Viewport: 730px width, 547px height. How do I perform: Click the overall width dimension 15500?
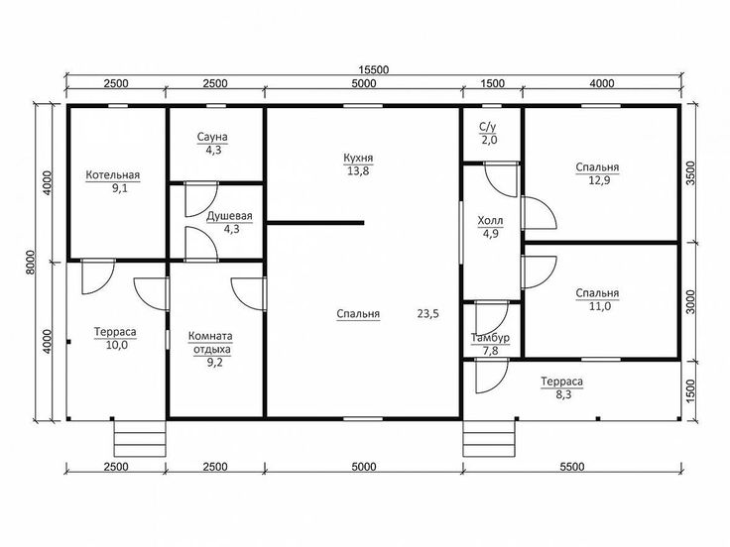(x=373, y=69)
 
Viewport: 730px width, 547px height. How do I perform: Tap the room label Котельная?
(x=113, y=174)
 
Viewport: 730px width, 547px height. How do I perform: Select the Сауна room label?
(x=212, y=137)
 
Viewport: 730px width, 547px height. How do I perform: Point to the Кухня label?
(x=358, y=159)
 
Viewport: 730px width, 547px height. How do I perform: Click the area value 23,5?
(x=427, y=313)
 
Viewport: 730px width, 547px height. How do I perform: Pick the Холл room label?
(x=490, y=220)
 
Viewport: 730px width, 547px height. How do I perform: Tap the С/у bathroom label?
(x=487, y=127)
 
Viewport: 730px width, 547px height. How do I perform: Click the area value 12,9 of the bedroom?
(x=599, y=180)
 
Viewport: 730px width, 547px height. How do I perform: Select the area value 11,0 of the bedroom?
(x=600, y=306)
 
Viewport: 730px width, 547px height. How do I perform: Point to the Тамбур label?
(x=490, y=338)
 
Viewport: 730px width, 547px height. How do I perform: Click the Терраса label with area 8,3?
(x=562, y=382)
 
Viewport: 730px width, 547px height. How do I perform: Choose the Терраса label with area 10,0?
(x=115, y=332)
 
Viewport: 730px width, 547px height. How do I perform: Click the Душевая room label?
(x=229, y=216)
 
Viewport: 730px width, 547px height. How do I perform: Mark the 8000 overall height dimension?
(x=31, y=263)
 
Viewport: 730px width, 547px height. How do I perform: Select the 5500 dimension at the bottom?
(x=571, y=467)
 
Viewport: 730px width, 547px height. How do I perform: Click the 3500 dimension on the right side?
(x=690, y=173)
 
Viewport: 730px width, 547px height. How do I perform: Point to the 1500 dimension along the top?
(x=492, y=83)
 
